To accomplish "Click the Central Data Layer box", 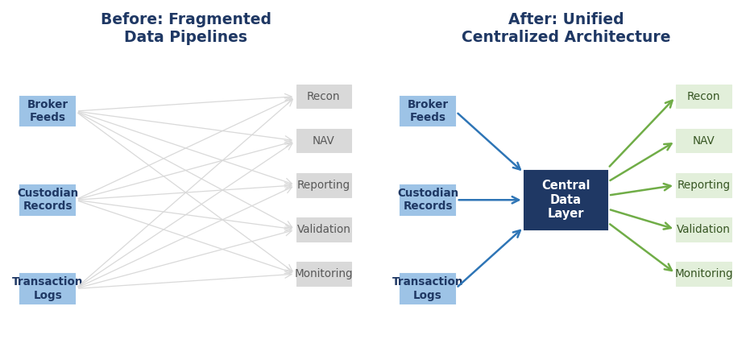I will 566,200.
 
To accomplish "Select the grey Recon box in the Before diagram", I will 324,97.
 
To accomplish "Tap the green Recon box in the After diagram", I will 703,97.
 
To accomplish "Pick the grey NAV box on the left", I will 324,141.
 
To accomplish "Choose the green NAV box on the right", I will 703,141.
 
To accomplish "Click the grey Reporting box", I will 324,185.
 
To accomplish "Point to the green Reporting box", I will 703,185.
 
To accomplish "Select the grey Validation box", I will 324,230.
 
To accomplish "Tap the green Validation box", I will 703,230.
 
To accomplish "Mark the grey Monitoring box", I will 324,274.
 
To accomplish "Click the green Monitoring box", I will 703,274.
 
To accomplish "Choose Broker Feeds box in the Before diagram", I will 48,111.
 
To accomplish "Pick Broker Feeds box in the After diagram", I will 428,111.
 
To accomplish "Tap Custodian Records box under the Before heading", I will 48,200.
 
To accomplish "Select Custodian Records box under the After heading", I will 428,200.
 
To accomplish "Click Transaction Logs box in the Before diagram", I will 48,288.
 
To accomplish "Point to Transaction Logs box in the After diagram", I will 428,288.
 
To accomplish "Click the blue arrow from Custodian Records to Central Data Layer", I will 488,200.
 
